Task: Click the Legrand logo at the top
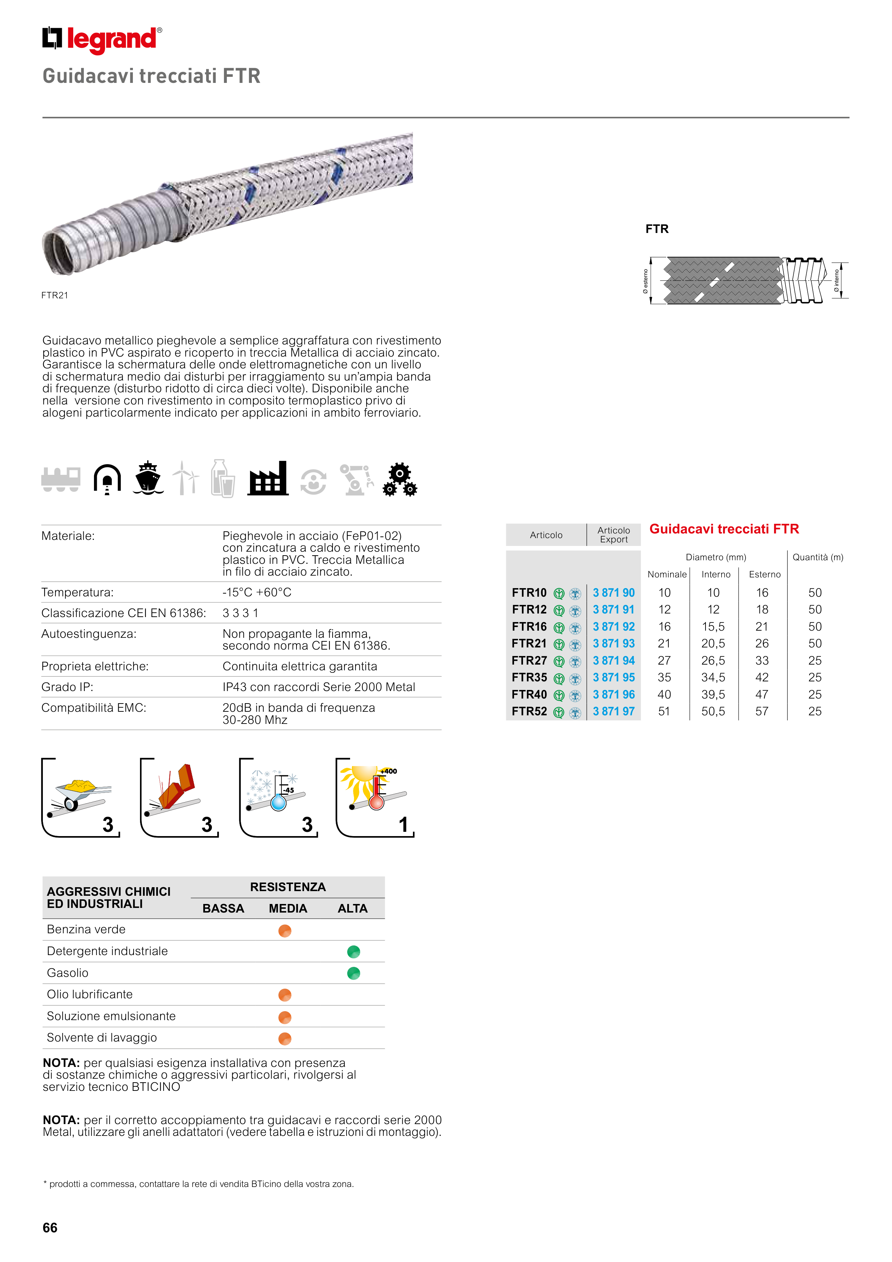[x=102, y=40]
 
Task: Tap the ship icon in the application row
[x=148, y=478]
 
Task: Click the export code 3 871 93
[x=613, y=644]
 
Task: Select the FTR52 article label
[x=529, y=712]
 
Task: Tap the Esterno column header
[x=764, y=575]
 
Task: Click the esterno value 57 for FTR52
[x=762, y=712]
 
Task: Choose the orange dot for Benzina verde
[x=285, y=930]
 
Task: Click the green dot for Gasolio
[x=353, y=973]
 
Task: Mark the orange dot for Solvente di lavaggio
[x=285, y=1038]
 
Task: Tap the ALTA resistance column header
[x=352, y=909]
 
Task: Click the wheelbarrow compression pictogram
[x=81, y=798]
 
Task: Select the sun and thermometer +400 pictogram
[x=375, y=798]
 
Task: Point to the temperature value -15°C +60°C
[x=256, y=592]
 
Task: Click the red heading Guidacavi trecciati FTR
[x=724, y=529]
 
